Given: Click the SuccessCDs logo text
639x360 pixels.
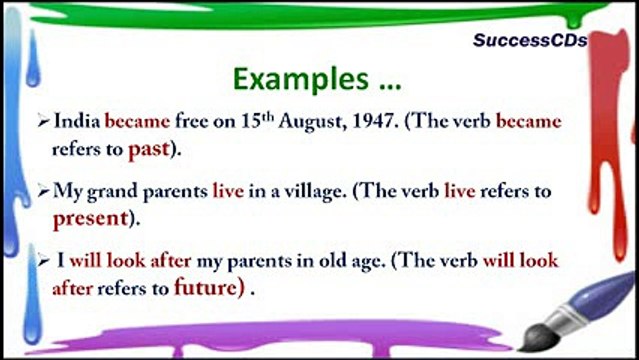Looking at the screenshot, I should tap(529, 41).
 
